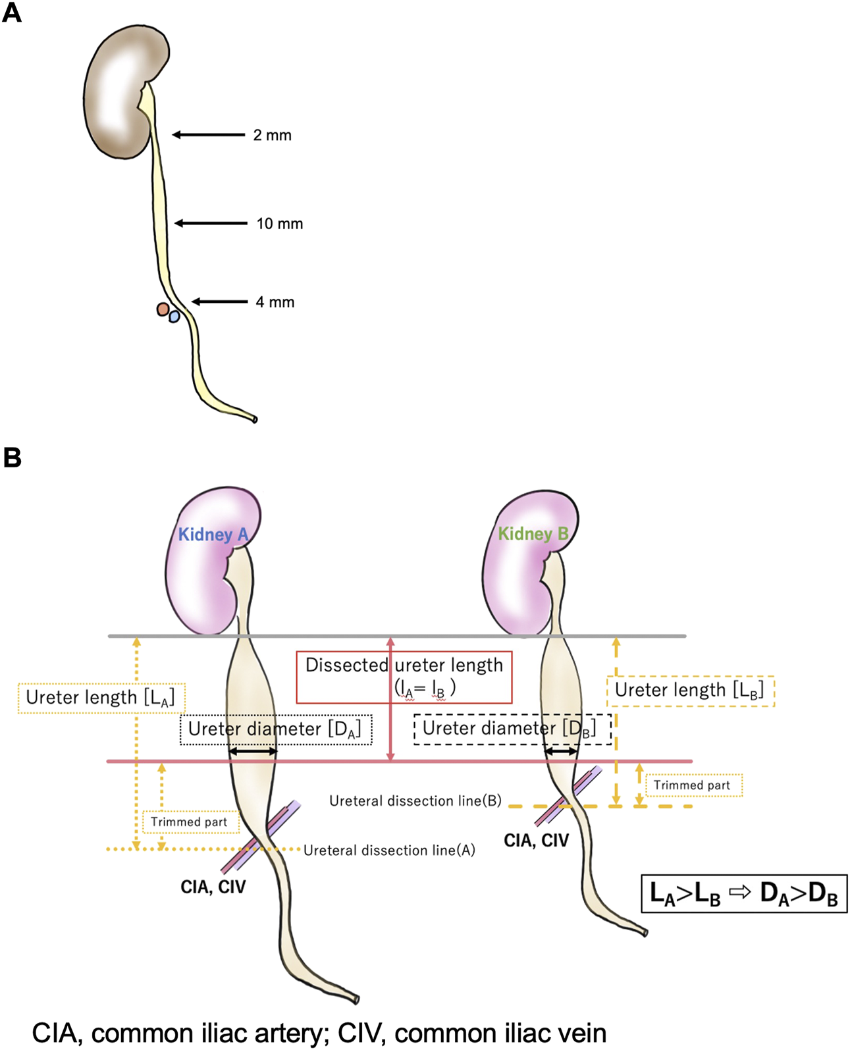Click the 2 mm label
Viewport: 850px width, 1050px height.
(x=272, y=135)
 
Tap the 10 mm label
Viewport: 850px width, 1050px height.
(x=279, y=224)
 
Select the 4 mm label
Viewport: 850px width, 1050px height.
(x=275, y=302)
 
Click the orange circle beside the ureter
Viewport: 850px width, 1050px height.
(x=162, y=309)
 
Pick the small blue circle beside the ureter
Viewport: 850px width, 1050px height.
(x=174, y=317)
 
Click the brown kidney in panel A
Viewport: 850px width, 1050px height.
(x=119, y=92)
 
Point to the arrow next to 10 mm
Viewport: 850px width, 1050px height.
(x=211, y=224)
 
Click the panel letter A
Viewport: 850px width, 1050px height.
(x=11, y=13)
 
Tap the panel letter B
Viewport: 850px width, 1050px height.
(x=12, y=458)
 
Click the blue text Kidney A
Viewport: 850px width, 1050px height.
(x=213, y=535)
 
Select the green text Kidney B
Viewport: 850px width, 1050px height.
(x=533, y=533)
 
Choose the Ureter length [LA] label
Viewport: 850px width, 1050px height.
(x=101, y=698)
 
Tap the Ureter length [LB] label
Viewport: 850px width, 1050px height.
(x=689, y=691)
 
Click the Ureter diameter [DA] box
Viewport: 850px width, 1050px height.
(x=275, y=729)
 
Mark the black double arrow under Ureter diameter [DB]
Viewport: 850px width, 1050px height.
(x=562, y=751)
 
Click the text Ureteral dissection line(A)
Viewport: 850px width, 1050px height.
(x=389, y=851)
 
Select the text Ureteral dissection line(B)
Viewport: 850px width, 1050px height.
(x=415, y=801)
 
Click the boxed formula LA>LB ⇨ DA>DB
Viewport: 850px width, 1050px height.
(x=743, y=894)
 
